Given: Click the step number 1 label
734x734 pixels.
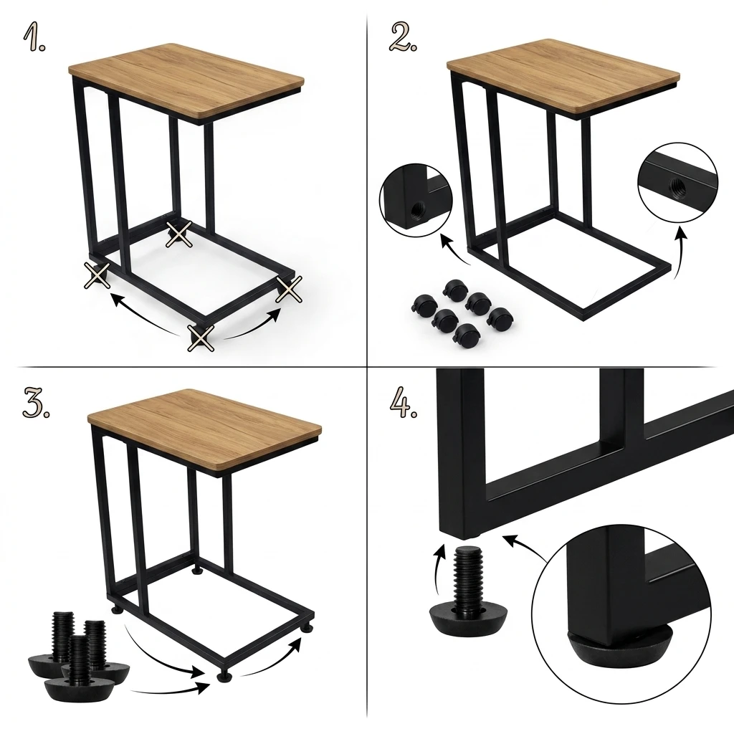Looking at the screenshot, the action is coord(34,37).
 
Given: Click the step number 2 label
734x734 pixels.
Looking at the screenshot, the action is coord(403,37).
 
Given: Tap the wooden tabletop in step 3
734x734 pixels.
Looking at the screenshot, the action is coord(204,428).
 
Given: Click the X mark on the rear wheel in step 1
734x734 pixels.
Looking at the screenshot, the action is coord(179,234).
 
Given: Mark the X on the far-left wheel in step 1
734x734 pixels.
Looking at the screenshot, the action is coord(97,275).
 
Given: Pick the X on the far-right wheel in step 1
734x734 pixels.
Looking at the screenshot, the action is coord(290,290).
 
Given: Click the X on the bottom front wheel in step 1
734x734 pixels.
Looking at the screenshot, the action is coord(201,338).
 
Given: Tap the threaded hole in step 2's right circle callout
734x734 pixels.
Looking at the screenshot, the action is coord(677,183).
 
